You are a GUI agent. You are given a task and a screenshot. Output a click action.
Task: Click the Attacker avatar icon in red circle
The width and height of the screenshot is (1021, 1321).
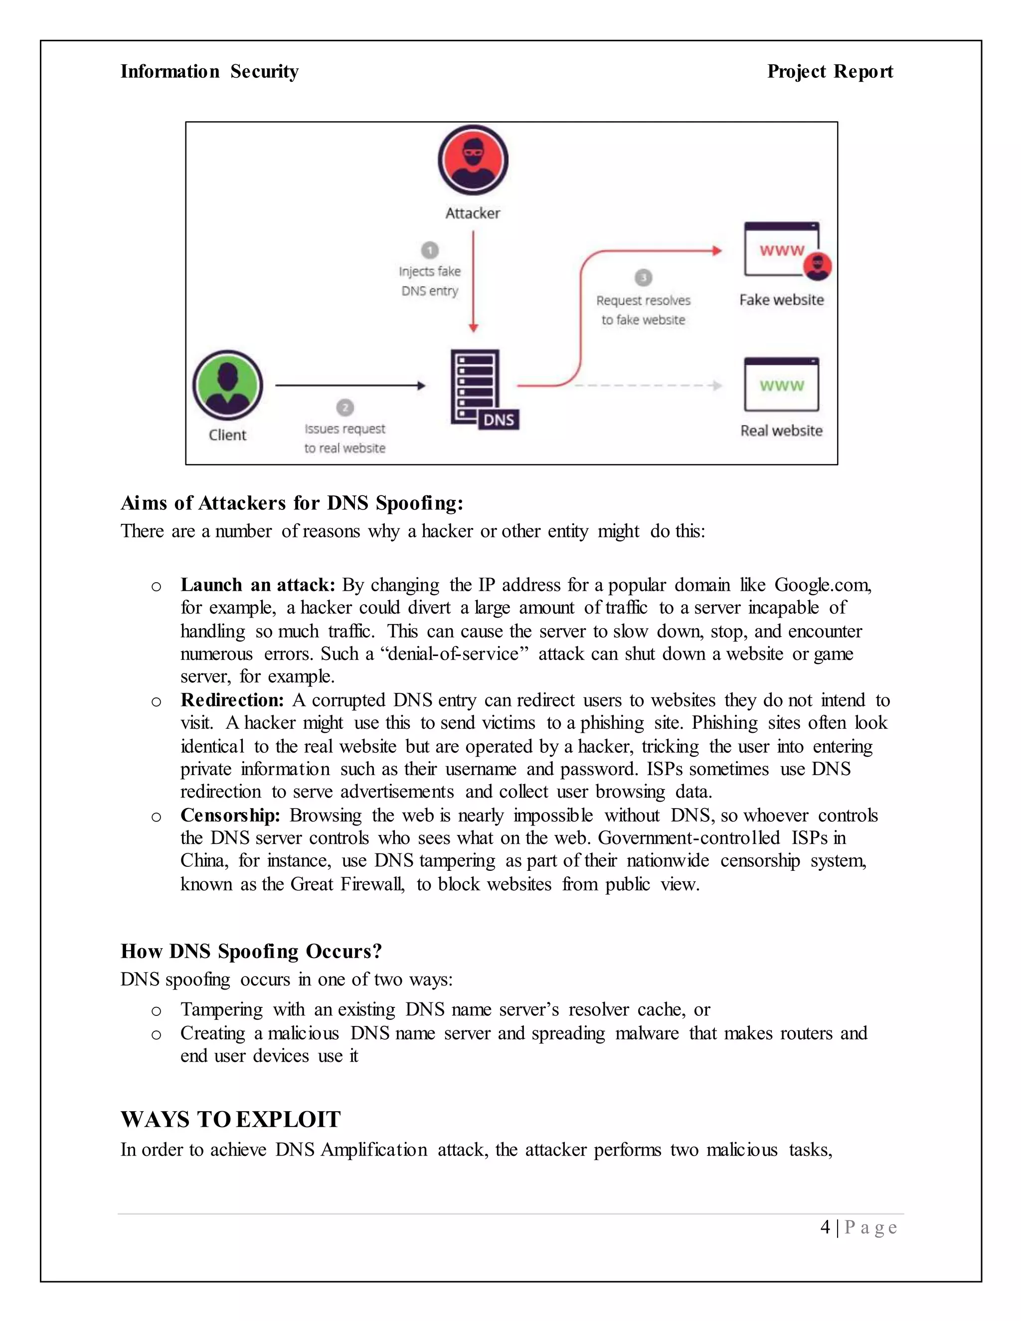point(473,161)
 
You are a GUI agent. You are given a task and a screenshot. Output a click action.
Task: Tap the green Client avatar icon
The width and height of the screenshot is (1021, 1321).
point(227,385)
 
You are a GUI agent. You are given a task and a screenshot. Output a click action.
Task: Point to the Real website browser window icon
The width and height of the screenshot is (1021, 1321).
point(782,385)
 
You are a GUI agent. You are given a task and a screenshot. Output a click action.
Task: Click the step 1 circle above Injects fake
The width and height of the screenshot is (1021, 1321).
point(429,250)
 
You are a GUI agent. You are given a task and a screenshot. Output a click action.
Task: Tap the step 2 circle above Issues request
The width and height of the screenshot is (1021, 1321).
point(345,407)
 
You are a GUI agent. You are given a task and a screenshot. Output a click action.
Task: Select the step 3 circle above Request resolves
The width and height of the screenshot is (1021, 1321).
point(643,278)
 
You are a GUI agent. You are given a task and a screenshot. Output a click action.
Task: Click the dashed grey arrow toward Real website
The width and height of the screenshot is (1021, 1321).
point(647,385)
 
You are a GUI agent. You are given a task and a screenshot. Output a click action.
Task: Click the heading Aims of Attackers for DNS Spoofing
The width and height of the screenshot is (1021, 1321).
point(292,502)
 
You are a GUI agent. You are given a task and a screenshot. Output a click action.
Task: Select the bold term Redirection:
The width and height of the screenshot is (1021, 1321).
point(232,700)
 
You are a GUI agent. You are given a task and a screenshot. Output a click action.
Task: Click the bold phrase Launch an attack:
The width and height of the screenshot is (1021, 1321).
point(258,585)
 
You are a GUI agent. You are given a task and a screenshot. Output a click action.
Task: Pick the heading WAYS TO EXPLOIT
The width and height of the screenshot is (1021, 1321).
point(230,1119)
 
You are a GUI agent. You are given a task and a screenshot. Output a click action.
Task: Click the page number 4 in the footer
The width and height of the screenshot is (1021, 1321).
point(825,1227)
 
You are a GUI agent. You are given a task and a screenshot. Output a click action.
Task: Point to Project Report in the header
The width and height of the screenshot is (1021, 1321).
point(830,71)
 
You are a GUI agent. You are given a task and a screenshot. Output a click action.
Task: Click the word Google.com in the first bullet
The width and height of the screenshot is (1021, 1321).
point(822,585)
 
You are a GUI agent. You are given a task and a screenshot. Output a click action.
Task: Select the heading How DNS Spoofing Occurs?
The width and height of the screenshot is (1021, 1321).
point(251,951)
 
